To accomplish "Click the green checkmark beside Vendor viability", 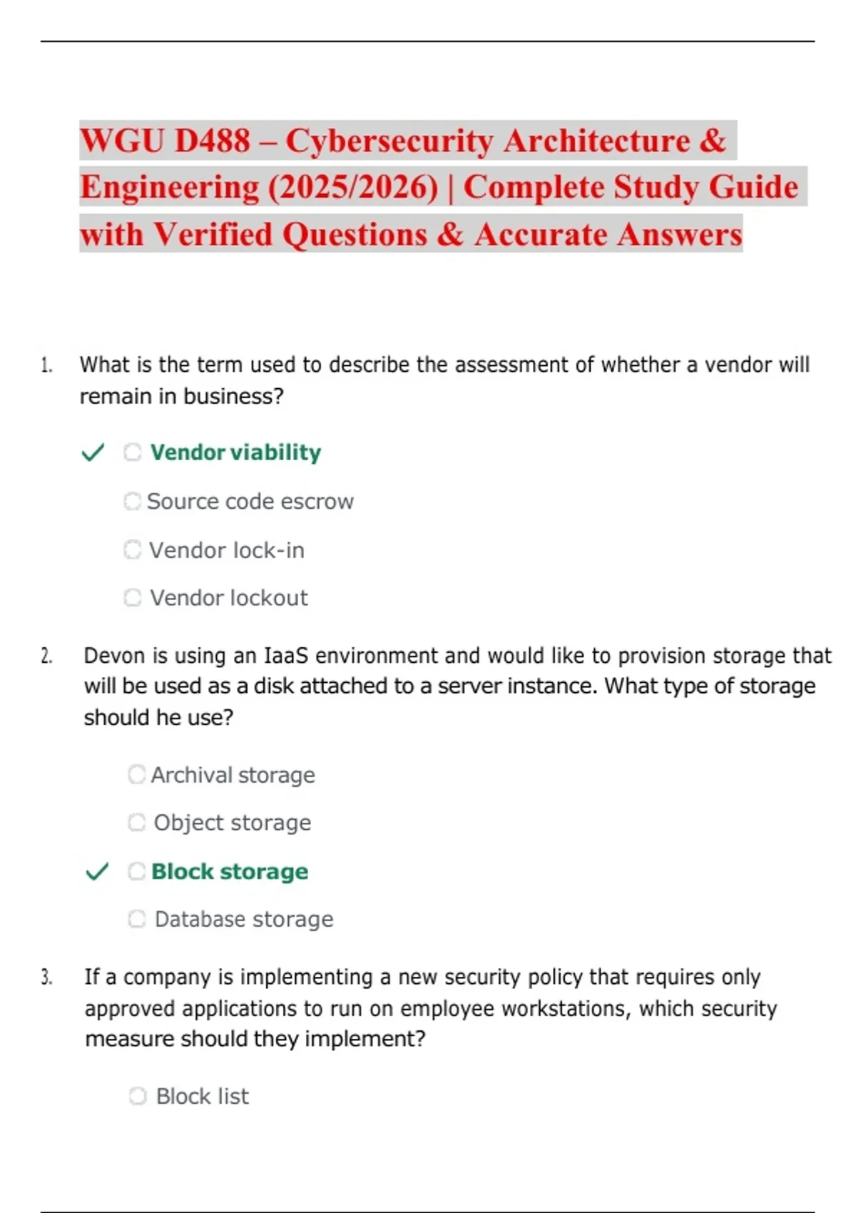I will click(93, 452).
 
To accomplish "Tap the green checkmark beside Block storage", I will click(97, 871).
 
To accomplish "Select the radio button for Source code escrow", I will click(132, 502).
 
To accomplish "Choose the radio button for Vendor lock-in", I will click(133, 550).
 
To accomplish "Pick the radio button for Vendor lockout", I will click(133, 598).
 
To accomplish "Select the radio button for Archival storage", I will click(136, 775).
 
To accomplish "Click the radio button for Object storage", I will click(136, 823).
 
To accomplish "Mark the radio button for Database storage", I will click(136, 919).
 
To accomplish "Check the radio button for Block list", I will click(138, 1096).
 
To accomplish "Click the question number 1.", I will click(46, 366).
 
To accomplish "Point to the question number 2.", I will click(46, 656).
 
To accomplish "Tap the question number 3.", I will click(46, 978).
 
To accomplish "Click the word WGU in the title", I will click(122, 141).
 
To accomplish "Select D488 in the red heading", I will click(212, 141).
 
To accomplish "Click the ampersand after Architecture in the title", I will click(713, 141).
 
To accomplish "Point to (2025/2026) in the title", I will click(353, 188).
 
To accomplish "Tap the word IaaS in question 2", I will click(286, 656).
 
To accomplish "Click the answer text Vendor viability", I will click(235, 452).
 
